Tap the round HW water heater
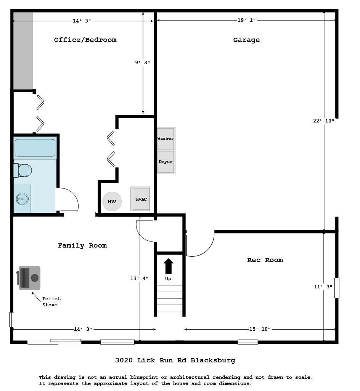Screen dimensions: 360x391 coord(112,201)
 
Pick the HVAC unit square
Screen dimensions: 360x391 coord(140,199)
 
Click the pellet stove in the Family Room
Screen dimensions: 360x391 coord(29,278)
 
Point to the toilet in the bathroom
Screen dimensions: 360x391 coord(22,170)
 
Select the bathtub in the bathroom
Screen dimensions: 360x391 coord(35,148)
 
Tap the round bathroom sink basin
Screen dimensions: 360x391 coord(22,199)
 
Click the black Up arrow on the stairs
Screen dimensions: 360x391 coord(169,266)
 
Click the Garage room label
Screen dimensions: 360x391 coord(247,40)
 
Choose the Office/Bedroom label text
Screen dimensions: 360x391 coord(85,40)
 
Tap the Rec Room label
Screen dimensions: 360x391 coord(265,260)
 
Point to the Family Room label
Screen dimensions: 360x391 coord(82,246)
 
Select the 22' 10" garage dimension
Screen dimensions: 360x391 coord(323,121)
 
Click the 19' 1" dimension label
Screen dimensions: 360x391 coord(247,20)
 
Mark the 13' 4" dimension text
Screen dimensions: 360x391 coord(139,278)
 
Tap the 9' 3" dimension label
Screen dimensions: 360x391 coord(142,62)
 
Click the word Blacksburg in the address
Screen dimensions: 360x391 coord(213,360)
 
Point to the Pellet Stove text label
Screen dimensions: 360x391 coord(51,302)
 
